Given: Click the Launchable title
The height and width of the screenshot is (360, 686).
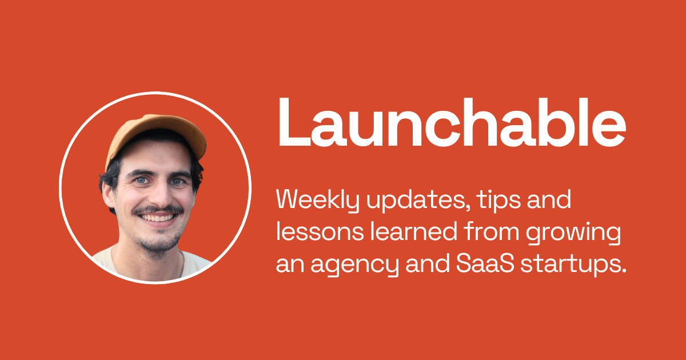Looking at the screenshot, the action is click(452, 122).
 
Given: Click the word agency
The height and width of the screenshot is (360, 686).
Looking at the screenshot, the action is click(355, 266).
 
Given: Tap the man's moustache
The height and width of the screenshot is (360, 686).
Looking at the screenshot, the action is click(158, 210).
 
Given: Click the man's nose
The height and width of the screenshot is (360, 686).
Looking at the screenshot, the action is click(159, 196).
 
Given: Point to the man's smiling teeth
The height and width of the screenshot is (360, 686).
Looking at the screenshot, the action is click(157, 218).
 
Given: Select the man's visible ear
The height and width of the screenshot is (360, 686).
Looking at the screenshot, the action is click(109, 196).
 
